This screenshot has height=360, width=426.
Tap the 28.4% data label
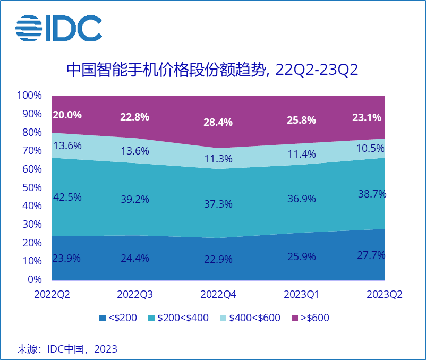218,122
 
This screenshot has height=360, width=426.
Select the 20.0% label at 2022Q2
67,115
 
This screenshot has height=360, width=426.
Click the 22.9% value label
218,260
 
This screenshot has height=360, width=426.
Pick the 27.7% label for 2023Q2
371,255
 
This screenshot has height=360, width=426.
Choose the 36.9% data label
301,199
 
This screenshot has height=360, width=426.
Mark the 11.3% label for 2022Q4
218,159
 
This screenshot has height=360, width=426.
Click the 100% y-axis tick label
29,96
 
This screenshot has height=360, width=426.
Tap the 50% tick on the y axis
31,187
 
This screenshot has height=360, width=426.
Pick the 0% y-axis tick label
34,279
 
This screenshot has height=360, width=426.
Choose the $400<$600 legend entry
250,318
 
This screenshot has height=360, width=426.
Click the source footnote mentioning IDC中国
67,349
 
